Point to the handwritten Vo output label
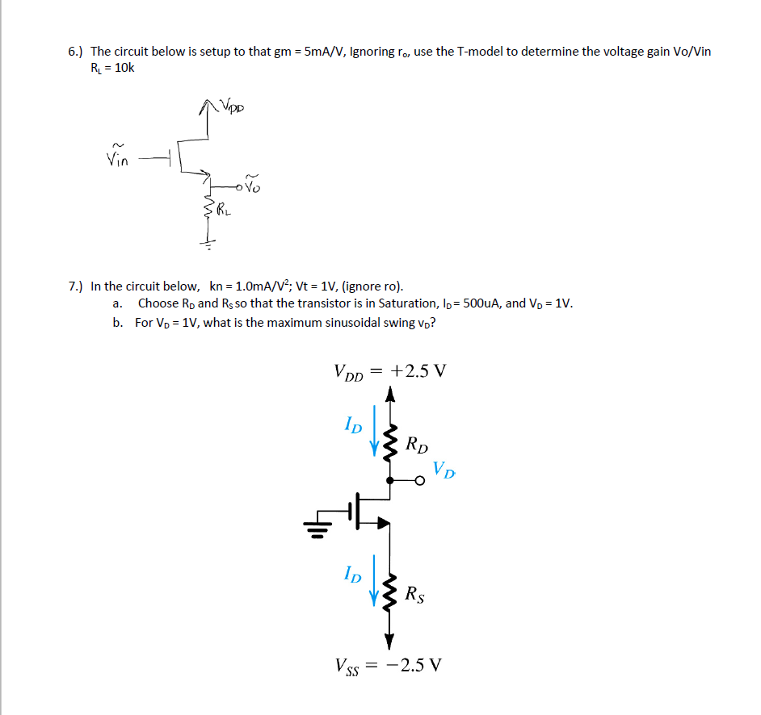click(253, 186)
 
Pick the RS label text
click(415, 596)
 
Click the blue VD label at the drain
click(444, 468)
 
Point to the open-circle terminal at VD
click(419, 481)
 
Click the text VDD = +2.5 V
click(389, 372)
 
